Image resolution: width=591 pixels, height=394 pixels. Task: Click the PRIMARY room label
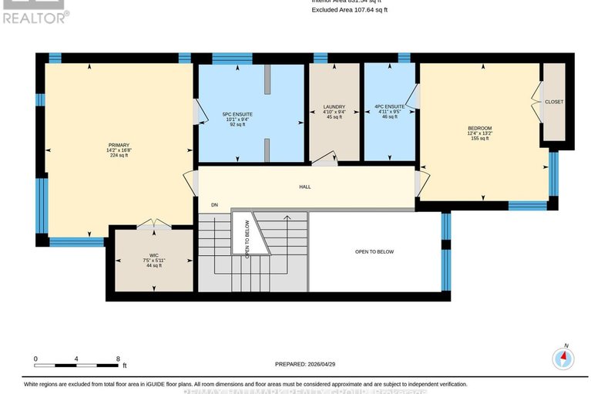pos(118,144)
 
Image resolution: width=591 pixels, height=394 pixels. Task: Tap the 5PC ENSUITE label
pos(237,114)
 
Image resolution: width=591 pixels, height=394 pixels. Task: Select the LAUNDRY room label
pos(334,107)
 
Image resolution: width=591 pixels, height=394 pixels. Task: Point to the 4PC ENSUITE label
pos(389,107)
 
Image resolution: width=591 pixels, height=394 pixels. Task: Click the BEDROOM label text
pos(479,128)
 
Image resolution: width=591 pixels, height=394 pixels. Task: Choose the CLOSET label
pos(553,102)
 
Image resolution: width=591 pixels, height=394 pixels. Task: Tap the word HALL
pos(305,187)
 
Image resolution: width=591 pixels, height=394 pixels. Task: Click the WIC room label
pos(153,254)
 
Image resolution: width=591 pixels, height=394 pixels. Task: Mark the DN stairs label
pos(215,205)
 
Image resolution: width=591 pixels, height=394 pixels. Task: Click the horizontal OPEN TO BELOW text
pos(374,252)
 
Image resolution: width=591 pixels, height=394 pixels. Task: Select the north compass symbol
pos(565,358)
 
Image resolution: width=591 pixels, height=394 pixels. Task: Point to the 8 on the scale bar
pos(118,359)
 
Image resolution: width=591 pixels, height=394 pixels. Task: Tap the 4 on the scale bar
pos(76,359)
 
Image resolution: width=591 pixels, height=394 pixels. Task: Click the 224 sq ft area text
pos(118,155)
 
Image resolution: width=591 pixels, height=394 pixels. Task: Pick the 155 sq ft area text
pos(479,139)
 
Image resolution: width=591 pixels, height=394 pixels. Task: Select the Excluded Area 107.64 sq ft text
pos(349,10)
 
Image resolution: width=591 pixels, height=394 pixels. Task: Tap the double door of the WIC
pos(153,226)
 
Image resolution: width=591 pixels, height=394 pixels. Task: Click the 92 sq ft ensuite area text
pos(237,125)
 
